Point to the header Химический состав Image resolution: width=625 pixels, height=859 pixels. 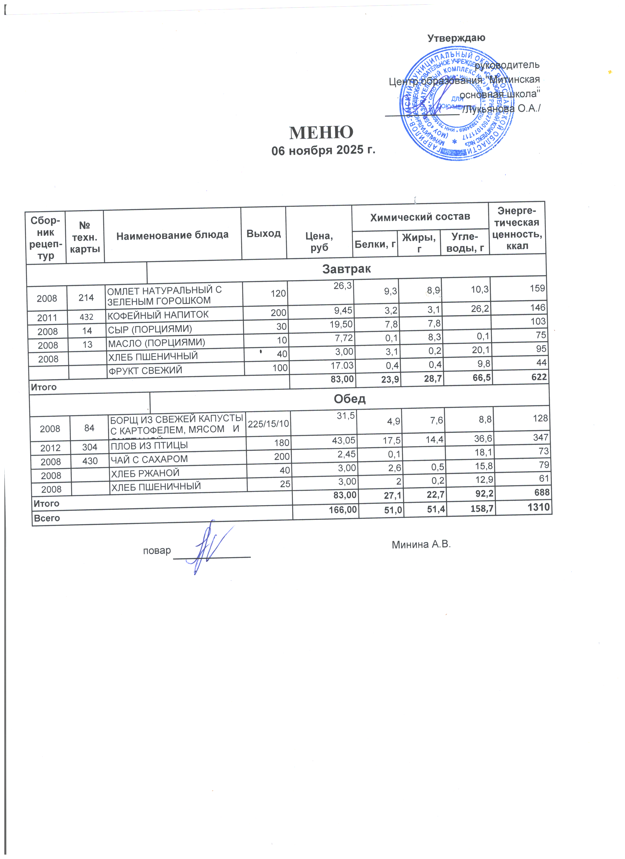pyautogui.click(x=420, y=217)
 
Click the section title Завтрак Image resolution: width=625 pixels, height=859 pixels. pyautogui.click(x=346, y=269)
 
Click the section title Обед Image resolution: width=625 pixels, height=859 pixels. pyautogui.click(x=350, y=399)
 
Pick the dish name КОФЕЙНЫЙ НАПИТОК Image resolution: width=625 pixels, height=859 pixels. pyautogui.click(x=158, y=315)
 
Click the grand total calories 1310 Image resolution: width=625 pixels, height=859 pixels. pyautogui.click(x=538, y=507)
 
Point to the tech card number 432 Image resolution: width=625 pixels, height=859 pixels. pyautogui.click(x=87, y=316)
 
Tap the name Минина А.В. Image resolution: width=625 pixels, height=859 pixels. pyautogui.click(x=421, y=545)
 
